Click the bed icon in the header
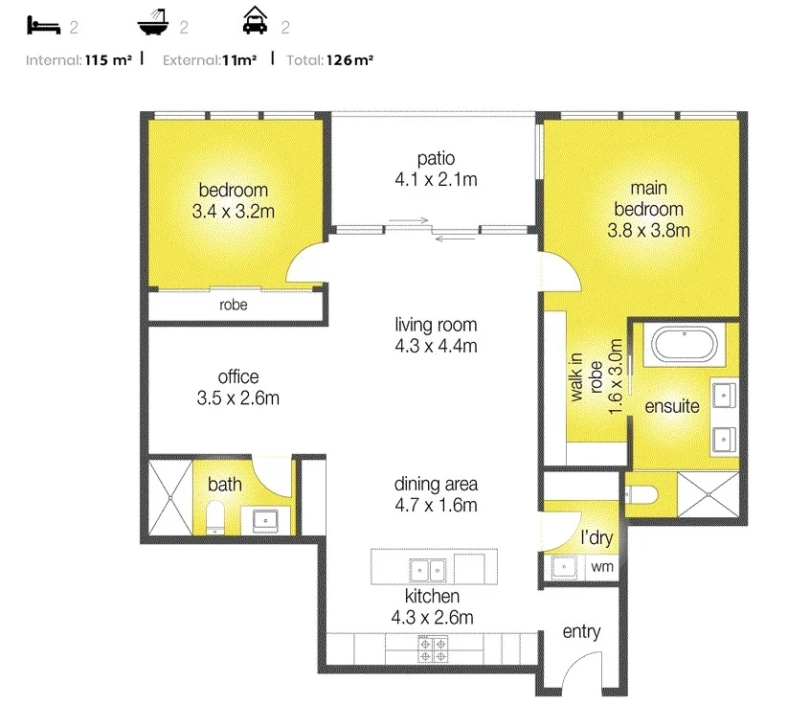click(x=43, y=25)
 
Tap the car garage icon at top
click(x=254, y=22)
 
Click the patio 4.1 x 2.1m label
click(x=436, y=179)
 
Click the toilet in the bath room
click(x=215, y=520)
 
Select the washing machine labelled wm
click(x=601, y=567)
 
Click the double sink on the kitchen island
click(x=428, y=568)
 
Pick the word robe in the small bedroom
click(x=234, y=307)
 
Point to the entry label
click(x=581, y=632)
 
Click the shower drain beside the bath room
click(x=169, y=498)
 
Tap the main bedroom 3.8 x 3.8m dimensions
click(x=648, y=230)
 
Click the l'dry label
click(x=596, y=538)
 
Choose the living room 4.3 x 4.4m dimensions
click(x=436, y=346)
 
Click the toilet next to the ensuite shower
click(x=641, y=494)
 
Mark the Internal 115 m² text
click(x=79, y=60)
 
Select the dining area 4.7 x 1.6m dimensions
click(x=436, y=506)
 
